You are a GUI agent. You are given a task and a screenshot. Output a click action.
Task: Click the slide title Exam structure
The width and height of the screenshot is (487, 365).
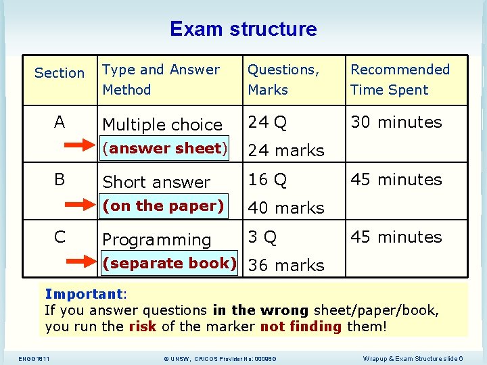click(243, 29)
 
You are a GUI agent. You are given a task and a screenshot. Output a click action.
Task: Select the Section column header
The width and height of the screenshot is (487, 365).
click(60, 73)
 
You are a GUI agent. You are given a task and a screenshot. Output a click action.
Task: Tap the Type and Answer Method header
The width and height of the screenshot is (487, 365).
click(161, 80)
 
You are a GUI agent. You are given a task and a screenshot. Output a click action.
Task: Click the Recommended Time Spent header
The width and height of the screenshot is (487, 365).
click(400, 80)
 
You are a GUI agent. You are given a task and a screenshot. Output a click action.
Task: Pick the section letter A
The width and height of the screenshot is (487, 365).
click(60, 122)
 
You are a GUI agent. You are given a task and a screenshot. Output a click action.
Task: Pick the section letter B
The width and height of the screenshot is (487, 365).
click(60, 180)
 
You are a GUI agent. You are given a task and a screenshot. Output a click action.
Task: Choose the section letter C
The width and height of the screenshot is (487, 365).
click(60, 237)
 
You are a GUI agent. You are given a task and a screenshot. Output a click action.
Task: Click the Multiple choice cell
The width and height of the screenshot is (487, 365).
click(162, 125)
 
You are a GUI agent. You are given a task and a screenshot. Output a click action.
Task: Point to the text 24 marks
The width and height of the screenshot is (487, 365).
click(286, 151)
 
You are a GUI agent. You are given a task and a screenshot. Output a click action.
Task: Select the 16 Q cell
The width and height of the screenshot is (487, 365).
click(268, 180)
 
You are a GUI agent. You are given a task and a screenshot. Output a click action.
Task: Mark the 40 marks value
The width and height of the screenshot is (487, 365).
click(286, 208)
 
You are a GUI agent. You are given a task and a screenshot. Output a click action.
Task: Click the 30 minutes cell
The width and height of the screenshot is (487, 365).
click(396, 122)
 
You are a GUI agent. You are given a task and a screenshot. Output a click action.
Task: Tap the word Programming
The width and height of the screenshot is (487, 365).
click(157, 240)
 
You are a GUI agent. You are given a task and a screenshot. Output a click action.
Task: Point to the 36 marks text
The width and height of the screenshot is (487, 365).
click(286, 266)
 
